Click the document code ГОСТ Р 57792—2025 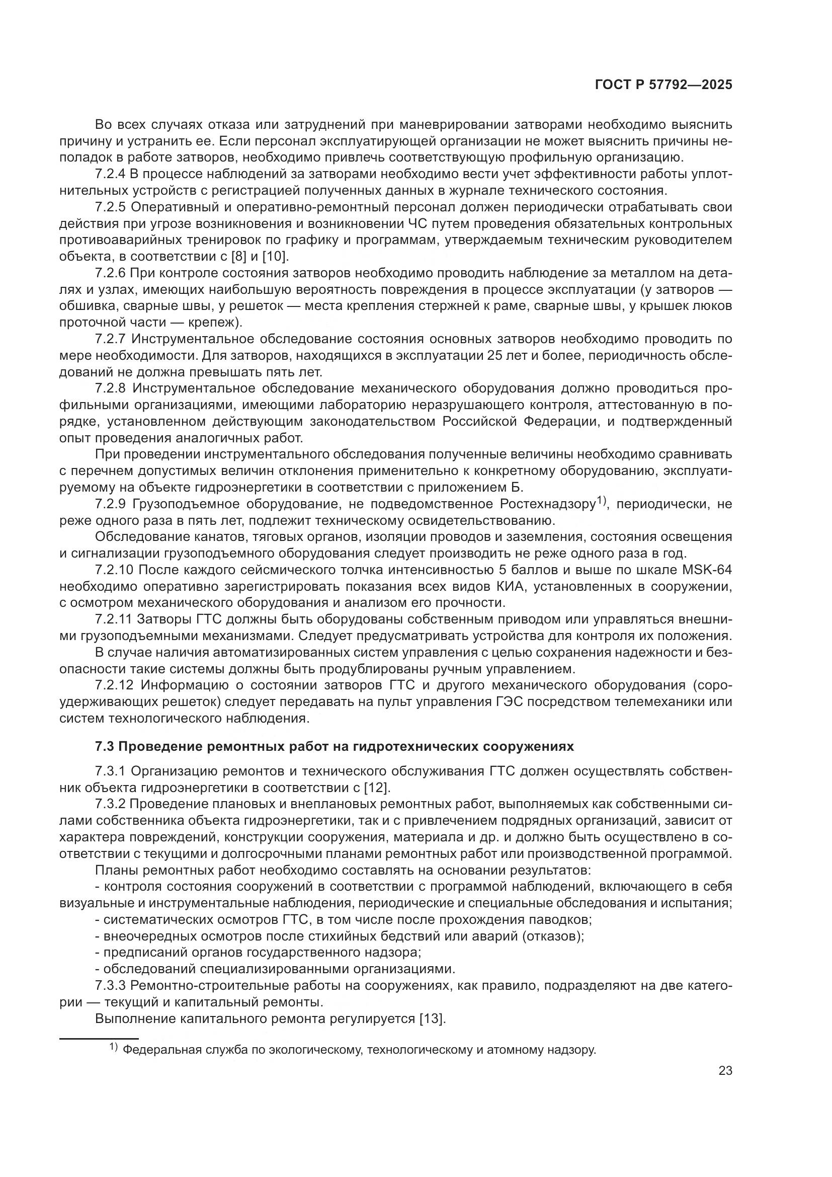tap(663, 85)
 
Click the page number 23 tap(725, 1070)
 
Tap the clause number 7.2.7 tap(110, 339)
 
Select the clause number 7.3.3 tap(110, 985)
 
